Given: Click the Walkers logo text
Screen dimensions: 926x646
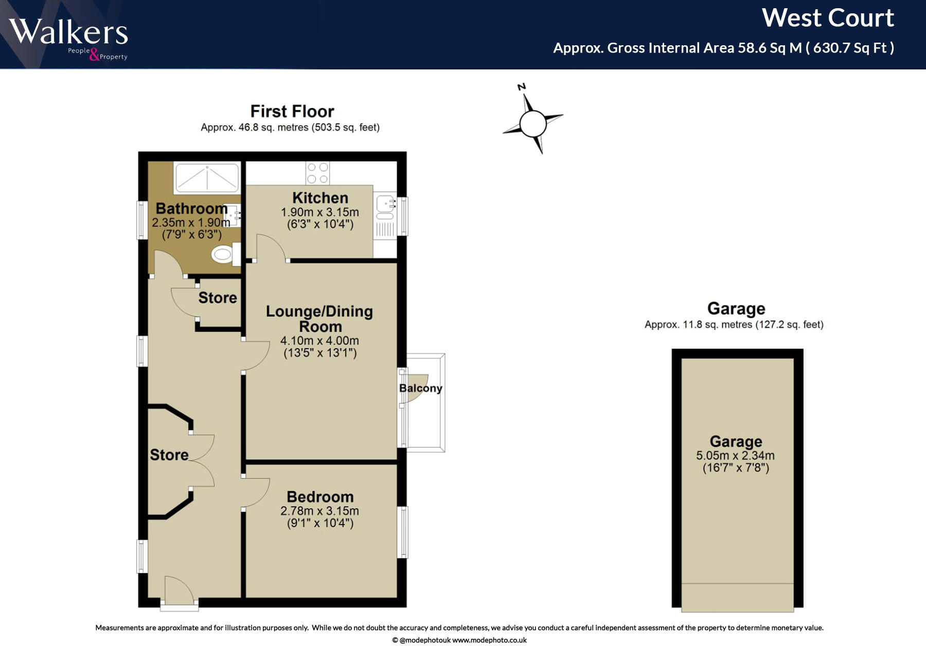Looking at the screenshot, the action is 68,32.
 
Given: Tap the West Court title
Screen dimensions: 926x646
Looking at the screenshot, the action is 828,18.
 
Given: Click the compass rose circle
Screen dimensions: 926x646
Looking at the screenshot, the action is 532,123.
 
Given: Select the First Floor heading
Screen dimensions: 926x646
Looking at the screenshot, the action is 292,111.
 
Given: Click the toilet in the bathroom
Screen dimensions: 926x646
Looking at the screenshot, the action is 226,254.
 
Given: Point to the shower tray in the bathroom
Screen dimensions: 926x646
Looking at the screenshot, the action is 207,178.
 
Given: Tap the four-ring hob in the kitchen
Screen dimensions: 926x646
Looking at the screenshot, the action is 317,173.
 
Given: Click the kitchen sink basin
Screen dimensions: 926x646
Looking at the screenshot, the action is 385,205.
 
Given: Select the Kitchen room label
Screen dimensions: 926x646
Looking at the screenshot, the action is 320,198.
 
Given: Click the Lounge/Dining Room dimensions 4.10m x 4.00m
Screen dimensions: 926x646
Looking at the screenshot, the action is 319,340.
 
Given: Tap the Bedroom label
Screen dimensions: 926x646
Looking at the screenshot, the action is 320,497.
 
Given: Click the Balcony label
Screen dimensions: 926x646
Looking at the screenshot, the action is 421,388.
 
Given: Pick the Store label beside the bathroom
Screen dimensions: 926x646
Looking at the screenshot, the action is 218,297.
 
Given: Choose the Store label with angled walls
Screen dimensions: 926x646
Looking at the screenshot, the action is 169,455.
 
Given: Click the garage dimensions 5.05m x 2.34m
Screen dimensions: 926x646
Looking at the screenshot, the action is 735,455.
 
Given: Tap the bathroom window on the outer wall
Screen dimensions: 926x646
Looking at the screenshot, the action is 142,220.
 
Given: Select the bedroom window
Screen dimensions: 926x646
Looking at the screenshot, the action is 403,532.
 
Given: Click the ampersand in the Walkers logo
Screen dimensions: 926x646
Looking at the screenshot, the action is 94,54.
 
